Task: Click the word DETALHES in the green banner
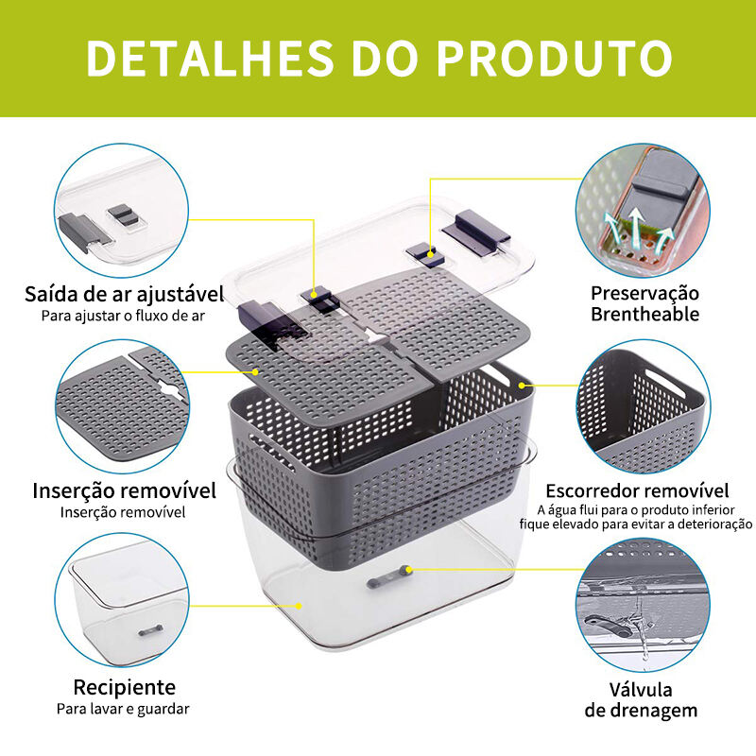pos(210,58)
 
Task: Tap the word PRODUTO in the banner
pos(554,58)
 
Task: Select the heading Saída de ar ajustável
pos(125,294)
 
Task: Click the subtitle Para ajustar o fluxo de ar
pos(123,317)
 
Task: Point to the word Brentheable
pos(645,315)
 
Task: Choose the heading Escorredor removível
pos(637,490)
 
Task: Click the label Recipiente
pos(125,687)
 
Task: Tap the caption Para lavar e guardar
pos(123,710)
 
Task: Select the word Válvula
pos(641,690)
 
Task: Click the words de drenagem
pos(641,711)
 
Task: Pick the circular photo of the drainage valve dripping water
pos(643,605)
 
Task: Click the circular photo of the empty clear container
pos(122,600)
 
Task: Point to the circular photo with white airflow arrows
pos(643,211)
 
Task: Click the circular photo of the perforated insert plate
pos(123,407)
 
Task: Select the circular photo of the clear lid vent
pos(122,211)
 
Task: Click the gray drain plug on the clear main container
pos(388,577)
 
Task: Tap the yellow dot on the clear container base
pos(299,606)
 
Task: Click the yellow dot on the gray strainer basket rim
pos(522,386)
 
